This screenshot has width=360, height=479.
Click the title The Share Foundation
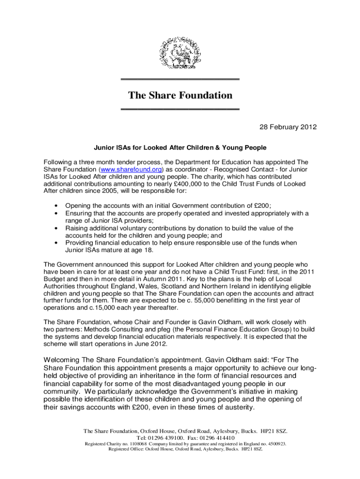[180, 95]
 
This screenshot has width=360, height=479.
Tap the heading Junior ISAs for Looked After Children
[180, 148]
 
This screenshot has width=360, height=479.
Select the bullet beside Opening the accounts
[57, 205]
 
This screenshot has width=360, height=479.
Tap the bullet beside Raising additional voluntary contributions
[57, 228]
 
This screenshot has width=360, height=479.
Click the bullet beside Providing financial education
[57, 243]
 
